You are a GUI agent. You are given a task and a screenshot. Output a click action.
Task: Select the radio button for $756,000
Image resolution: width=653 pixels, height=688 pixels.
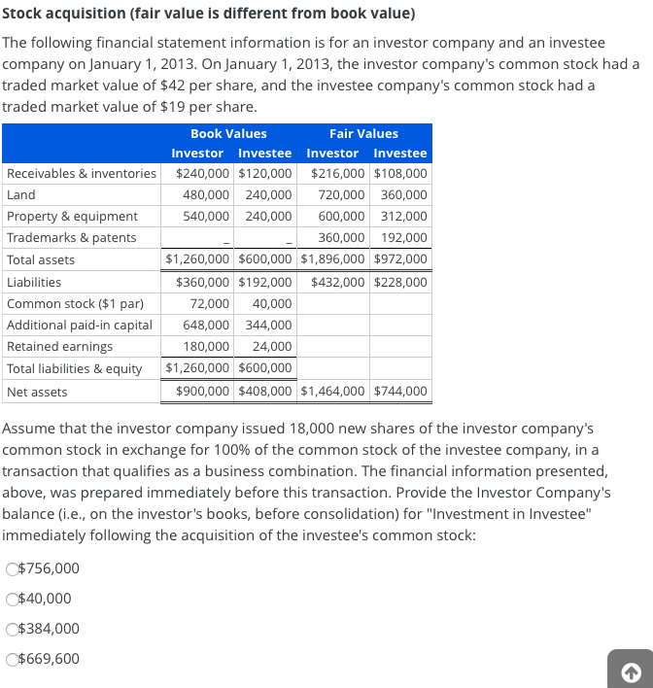pos(12,569)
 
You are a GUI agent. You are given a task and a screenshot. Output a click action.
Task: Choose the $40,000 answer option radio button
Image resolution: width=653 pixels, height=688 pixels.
pos(12,600)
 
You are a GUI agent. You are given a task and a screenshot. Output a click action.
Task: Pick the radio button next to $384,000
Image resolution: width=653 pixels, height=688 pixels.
pos(12,630)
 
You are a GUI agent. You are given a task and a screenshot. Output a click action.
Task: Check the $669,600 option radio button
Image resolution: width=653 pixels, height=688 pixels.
pos(12,660)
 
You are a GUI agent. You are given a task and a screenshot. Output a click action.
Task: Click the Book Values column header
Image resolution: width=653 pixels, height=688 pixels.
pos(228,133)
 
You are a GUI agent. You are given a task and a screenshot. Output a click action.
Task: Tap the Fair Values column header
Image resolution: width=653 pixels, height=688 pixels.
pos(363,133)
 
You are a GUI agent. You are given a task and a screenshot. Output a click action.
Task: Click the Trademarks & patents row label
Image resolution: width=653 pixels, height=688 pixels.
pos(72,237)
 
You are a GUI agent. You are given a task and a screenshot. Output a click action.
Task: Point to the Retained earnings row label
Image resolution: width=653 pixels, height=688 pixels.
pos(59,346)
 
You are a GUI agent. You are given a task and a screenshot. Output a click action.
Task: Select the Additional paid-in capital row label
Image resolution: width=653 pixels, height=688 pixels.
pos(80,325)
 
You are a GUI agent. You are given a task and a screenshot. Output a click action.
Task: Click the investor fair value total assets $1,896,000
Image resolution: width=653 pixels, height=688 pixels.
pos(333,259)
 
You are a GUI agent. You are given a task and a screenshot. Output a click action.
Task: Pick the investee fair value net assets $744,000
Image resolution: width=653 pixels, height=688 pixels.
pos(399,392)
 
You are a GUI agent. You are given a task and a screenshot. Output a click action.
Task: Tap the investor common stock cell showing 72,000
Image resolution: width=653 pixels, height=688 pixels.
pos(210,303)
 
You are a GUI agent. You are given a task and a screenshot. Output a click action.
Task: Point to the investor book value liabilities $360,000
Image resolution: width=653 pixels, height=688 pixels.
pos(203,282)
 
